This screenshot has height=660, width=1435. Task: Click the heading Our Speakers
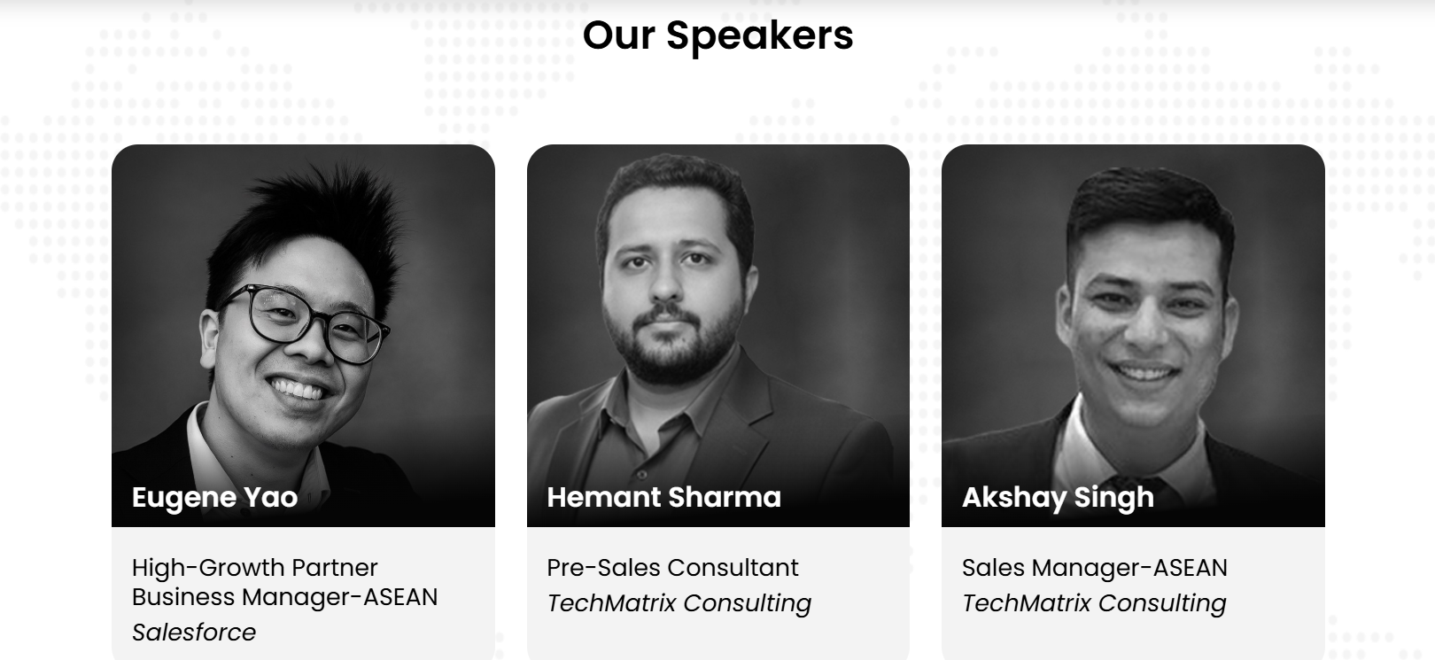pos(717,36)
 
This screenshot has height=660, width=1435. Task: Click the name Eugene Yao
pos(214,498)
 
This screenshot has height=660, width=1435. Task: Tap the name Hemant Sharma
pos(663,497)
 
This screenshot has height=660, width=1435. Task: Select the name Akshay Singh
pos(1058,498)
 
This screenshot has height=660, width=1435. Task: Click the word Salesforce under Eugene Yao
pos(193,633)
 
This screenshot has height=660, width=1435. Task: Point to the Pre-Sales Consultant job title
pos(672,568)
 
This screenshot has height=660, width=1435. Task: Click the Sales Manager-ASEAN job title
pos(1094,568)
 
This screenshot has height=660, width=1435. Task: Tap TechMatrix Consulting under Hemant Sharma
pos(679,603)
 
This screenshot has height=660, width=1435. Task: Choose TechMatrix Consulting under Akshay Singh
pos(1094,603)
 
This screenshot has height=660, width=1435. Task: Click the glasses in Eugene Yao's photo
pos(305,323)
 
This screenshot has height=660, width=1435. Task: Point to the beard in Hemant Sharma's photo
pos(671,346)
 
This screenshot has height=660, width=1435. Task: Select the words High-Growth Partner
pos(254,569)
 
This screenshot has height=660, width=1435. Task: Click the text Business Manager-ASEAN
pos(284,597)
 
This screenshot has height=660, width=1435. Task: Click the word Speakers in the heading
pos(760,37)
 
